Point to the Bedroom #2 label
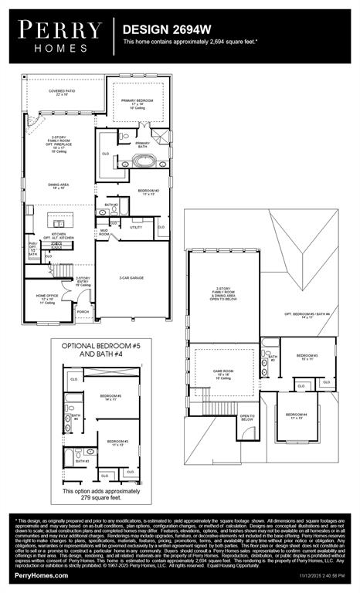[x=148, y=191]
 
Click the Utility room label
[x=136, y=227]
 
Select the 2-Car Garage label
[x=132, y=278]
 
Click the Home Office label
[x=46, y=298]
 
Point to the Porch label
[x=83, y=312]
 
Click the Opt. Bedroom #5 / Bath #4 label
[x=307, y=315]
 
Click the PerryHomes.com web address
[x=39, y=575]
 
